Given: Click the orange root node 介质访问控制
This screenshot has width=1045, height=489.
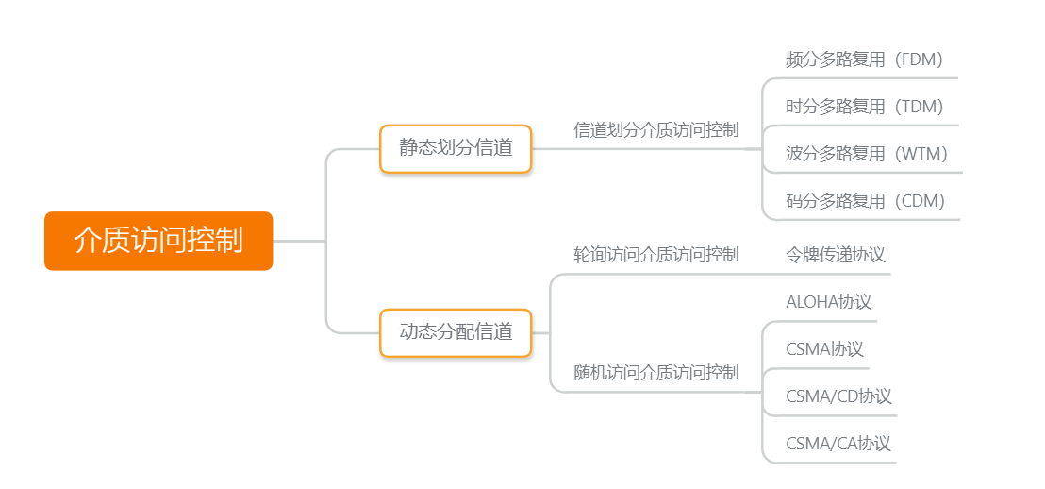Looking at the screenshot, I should [158, 241].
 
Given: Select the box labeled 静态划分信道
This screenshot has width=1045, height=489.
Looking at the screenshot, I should [456, 148].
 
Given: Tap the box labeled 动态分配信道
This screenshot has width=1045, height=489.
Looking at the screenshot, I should [456, 332].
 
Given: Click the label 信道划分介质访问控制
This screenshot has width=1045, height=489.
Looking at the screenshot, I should [655, 130].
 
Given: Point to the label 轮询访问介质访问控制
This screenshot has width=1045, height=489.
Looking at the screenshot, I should [655, 255].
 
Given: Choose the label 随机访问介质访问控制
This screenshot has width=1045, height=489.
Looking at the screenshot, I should [655, 373].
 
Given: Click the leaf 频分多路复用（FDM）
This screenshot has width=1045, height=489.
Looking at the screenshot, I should [864, 59].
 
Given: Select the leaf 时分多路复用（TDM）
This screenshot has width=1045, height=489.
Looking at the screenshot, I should [864, 107].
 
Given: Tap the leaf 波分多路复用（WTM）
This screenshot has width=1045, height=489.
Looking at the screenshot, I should [866, 154].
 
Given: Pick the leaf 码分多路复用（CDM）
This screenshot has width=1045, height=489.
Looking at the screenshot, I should [865, 201].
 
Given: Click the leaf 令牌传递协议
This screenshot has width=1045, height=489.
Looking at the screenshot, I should [835, 255].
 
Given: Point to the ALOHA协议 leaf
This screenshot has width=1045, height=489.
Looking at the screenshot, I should [828, 302].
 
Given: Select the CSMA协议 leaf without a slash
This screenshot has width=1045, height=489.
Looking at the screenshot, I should [824, 349].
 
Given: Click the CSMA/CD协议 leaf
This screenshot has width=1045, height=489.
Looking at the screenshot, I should [838, 396].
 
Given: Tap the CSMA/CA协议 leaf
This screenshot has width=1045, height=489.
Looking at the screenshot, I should [838, 444].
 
